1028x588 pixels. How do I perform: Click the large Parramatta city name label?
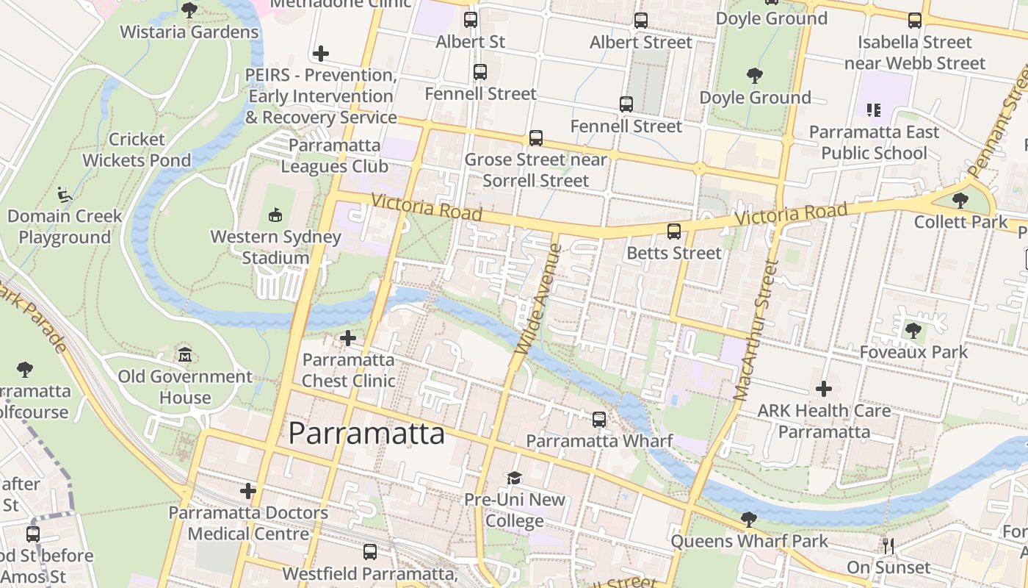[366, 434]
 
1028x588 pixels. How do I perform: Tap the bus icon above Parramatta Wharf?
[599, 420]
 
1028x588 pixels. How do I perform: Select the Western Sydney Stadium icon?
[275, 215]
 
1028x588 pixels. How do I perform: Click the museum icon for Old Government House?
[185, 355]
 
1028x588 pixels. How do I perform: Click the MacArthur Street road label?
[755, 331]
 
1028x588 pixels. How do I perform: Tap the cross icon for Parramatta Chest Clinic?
[348, 338]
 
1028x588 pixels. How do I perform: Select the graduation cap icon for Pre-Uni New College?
[514, 478]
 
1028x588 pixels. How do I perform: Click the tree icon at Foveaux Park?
[913, 331]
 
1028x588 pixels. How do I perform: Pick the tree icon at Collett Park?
[960, 200]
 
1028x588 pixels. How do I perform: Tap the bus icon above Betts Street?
[673, 232]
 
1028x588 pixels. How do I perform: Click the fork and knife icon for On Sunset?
[888, 546]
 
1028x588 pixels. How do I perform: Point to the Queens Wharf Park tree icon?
[748, 520]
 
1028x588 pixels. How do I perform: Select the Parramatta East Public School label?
[874, 143]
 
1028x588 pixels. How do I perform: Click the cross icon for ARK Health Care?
[824, 388]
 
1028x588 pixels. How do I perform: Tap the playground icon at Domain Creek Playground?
[65, 195]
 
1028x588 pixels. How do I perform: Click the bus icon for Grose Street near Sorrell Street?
[536, 138]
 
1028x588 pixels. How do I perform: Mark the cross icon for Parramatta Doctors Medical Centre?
[248, 490]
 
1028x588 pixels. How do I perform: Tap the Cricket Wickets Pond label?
[137, 150]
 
